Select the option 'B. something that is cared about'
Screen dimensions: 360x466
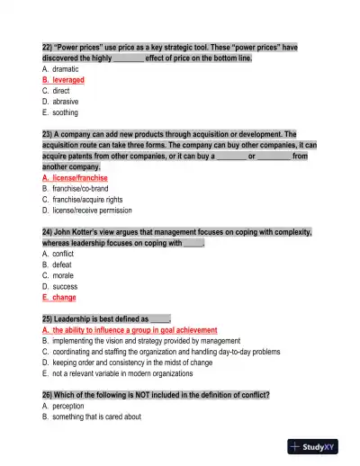pos(91,417)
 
